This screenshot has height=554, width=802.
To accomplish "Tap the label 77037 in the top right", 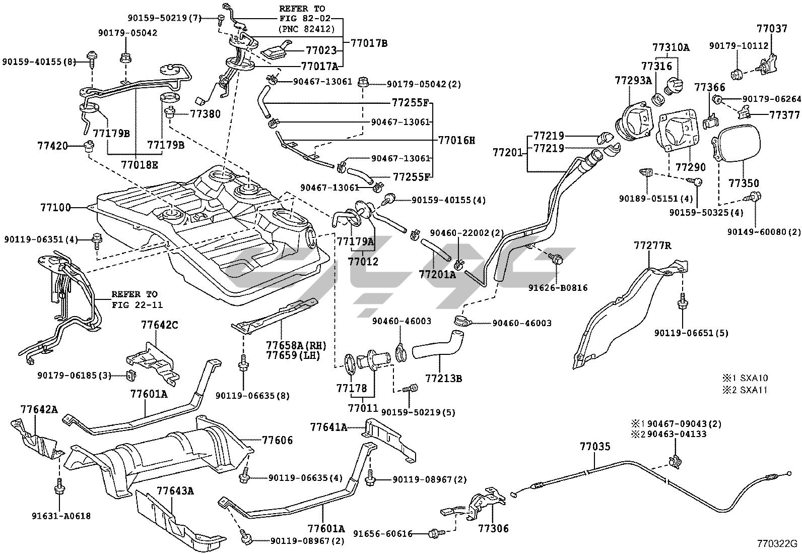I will tap(771, 29).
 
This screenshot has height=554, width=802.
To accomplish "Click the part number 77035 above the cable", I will tap(594, 446).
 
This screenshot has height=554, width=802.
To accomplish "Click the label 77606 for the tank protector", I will tap(278, 440).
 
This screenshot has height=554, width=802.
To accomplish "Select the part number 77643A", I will tap(175, 490).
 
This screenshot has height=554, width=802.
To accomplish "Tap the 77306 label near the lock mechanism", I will tap(493, 529).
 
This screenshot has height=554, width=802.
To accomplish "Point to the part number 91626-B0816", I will tap(558, 288).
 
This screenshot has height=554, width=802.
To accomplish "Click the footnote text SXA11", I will tap(754, 390).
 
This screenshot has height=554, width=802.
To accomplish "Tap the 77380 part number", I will tap(205, 114).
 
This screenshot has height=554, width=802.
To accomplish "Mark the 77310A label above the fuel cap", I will tap(671, 48).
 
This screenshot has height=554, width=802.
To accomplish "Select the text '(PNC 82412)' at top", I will tap(306, 29).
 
